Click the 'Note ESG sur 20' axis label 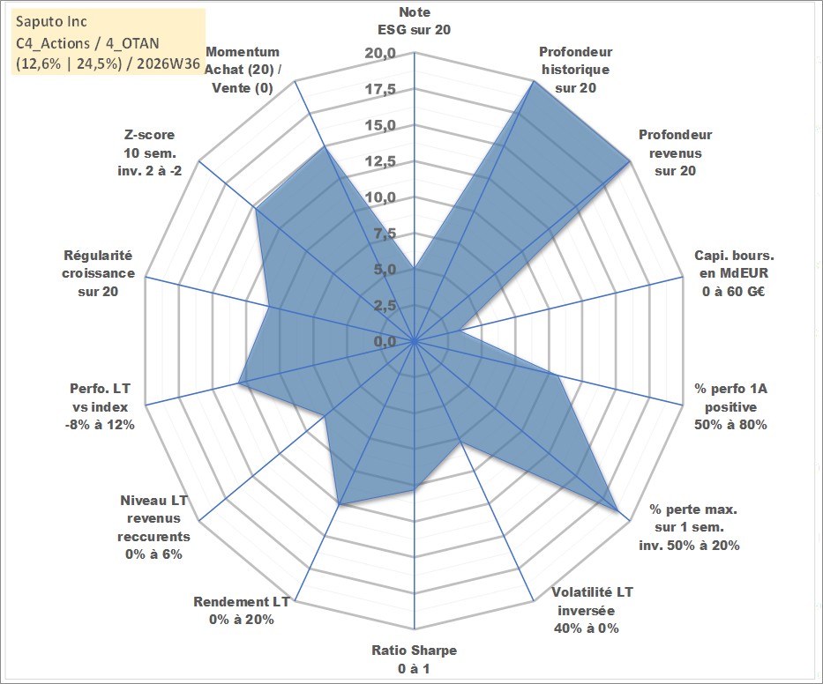click(x=414, y=21)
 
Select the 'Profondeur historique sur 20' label click(x=575, y=70)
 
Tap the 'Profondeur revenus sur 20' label click(x=675, y=152)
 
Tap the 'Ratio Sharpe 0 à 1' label click(x=414, y=659)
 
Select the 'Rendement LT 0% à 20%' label click(x=242, y=611)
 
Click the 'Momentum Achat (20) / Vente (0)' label click(x=243, y=70)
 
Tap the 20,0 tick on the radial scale click(x=380, y=53)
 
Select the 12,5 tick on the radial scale click(x=380, y=161)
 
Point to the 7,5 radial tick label click(x=385, y=234)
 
